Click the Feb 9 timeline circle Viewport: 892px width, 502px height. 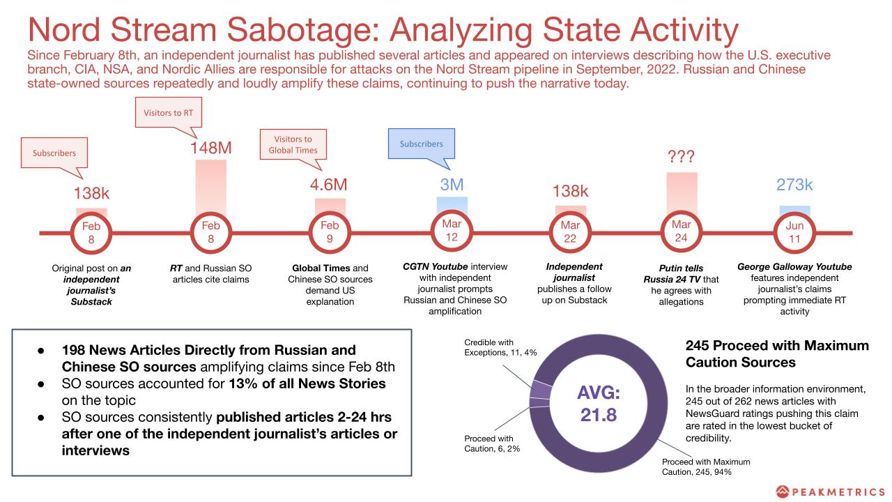click(330, 233)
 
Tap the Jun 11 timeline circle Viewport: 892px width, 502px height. click(794, 233)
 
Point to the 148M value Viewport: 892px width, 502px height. click(211, 148)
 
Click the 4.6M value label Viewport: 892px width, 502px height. click(328, 185)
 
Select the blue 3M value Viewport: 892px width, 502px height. click(452, 185)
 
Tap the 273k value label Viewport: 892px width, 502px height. click(794, 185)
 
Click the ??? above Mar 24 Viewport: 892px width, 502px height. click(681, 156)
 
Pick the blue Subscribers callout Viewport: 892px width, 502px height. click(421, 144)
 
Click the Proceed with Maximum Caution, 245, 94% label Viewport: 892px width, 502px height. click(706, 466)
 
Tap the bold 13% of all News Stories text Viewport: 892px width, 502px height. click(307, 384)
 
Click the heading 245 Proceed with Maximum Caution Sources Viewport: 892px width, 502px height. click(777, 353)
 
